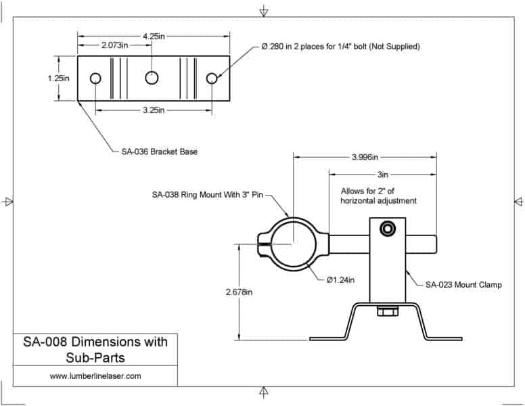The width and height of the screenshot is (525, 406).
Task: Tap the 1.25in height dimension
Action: point(59,78)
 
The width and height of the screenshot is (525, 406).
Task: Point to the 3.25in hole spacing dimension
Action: point(152,110)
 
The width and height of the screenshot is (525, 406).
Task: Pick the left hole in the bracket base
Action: point(95,78)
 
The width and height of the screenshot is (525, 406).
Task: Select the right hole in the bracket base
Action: point(212,78)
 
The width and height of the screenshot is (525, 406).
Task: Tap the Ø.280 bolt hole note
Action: point(340,47)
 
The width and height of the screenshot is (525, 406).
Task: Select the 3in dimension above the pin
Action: point(383,173)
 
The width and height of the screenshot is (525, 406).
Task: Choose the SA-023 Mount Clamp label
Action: point(463,285)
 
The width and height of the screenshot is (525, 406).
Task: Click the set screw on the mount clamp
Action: point(388,230)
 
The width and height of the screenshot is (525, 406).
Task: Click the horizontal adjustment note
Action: point(375,196)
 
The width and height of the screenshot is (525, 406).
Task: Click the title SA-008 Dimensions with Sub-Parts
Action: point(95,348)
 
